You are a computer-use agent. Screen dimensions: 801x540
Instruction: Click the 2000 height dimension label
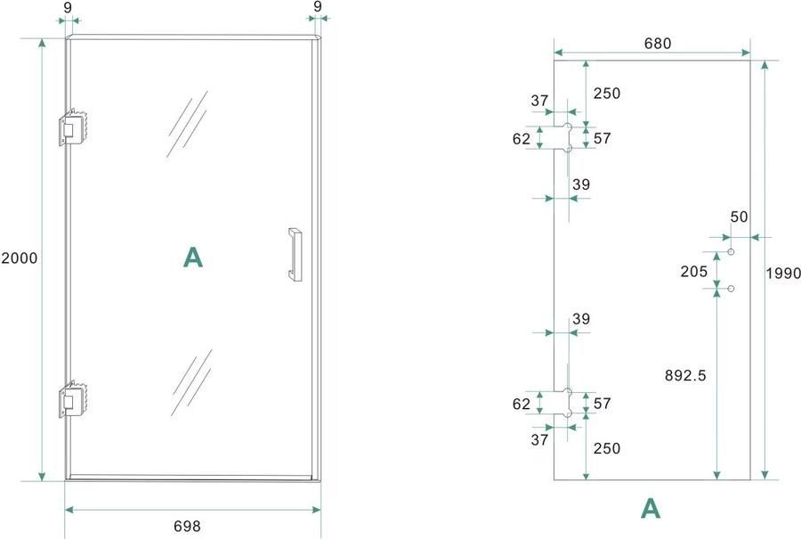click(x=20, y=258)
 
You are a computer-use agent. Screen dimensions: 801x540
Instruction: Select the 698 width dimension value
click(x=187, y=526)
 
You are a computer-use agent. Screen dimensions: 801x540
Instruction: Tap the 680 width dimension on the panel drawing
click(x=658, y=44)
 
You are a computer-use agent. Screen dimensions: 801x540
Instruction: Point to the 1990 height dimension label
click(x=783, y=273)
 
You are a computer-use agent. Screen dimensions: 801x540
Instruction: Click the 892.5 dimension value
click(x=685, y=375)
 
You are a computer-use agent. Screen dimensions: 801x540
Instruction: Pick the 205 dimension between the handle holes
click(x=693, y=271)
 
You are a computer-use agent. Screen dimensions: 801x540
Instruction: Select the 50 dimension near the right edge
click(x=739, y=217)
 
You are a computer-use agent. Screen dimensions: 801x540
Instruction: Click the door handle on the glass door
click(x=295, y=255)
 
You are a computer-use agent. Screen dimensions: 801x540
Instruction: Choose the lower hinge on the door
click(x=74, y=399)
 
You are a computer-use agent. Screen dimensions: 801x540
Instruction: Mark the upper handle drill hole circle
click(x=731, y=251)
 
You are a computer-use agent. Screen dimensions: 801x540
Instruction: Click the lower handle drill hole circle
click(x=731, y=289)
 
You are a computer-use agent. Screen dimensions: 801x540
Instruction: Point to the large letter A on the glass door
click(x=192, y=258)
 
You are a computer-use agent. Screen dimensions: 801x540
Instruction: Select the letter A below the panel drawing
click(x=651, y=508)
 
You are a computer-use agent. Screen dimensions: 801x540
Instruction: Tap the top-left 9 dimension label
click(x=68, y=7)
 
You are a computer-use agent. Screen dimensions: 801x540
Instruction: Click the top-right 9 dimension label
click(x=318, y=6)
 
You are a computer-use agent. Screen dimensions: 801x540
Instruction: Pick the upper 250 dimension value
click(x=607, y=93)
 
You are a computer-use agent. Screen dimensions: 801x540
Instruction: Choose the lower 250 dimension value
click(x=607, y=448)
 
